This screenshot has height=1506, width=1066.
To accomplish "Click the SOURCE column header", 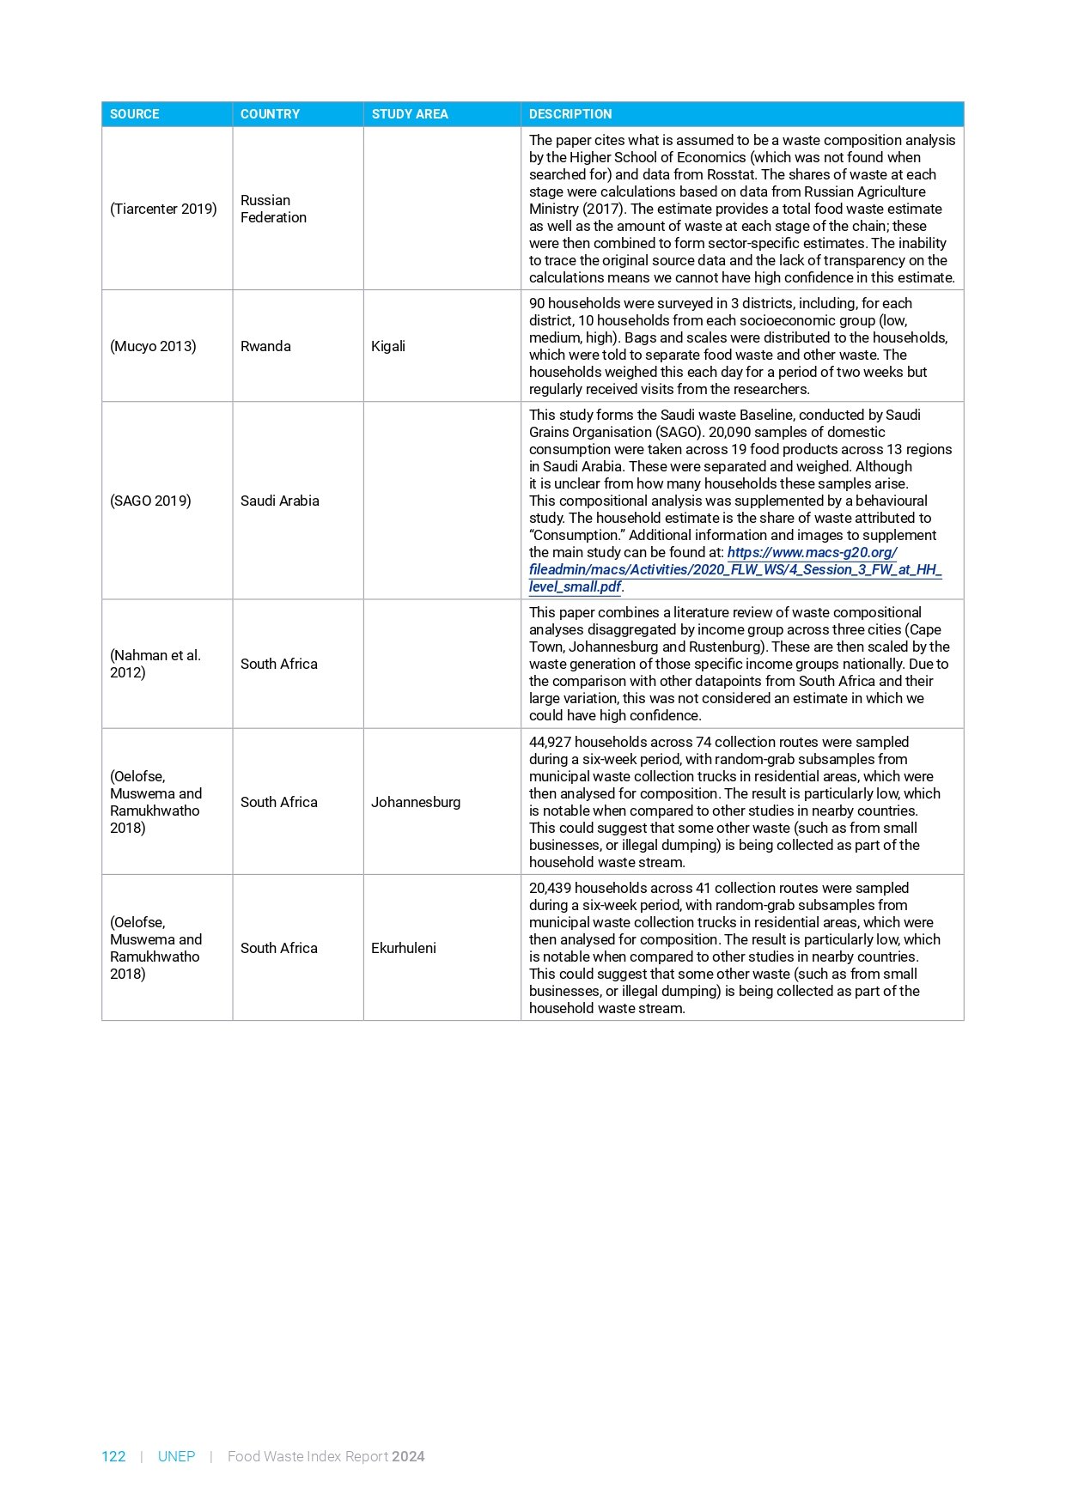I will pyautogui.click(x=135, y=114).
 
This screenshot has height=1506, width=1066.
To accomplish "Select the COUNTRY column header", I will pyautogui.click(x=270, y=114).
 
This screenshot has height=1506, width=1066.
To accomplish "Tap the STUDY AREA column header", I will pyautogui.click(x=410, y=114).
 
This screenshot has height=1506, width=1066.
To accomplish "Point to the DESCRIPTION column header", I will pyautogui.click(x=570, y=114).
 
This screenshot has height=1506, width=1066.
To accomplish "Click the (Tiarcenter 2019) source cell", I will pyautogui.click(x=163, y=209).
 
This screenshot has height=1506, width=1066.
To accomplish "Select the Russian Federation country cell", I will pyautogui.click(x=273, y=209).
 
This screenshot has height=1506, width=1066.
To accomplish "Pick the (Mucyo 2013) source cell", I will pyautogui.click(x=153, y=346).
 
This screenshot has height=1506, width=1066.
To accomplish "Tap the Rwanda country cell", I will pyautogui.click(x=265, y=346).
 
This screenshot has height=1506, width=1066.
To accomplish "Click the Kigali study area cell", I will pyautogui.click(x=388, y=346).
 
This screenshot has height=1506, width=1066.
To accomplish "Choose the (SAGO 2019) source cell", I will pyautogui.click(x=150, y=501).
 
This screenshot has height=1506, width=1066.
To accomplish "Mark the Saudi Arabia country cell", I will pyautogui.click(x=280, y=501).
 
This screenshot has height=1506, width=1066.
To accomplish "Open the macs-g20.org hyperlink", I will pyautogui.click(x=735, y=569).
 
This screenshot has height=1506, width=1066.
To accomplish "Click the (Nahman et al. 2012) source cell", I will pyautogui.click(x=155, y=664).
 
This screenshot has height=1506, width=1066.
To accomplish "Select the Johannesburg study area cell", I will pyautogui.click(x=416, y=802).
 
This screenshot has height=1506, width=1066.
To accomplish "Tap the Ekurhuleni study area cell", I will pyautogui.click(x=404, y=948).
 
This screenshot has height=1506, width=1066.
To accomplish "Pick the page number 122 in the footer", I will pyautogui.click(x=113, y=1456).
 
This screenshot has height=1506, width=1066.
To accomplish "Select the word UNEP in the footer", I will pyautogui.click(x=176, y=1456).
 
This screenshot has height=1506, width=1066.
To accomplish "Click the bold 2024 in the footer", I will pyautogui.click(x=408, y=1456).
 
